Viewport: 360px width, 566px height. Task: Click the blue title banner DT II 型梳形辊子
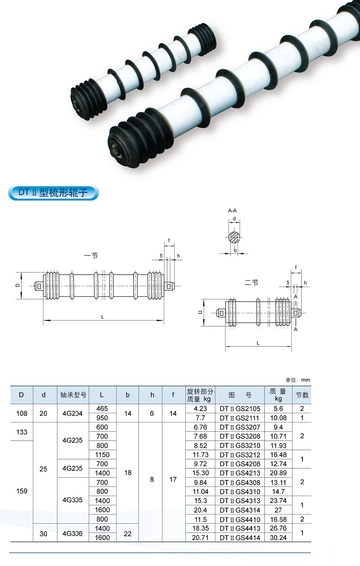click(53, 193)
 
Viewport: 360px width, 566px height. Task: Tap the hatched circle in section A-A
click(234, 237)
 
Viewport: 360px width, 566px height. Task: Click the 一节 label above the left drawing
click(91, 256)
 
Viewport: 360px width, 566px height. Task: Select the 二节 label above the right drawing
click(251, 282)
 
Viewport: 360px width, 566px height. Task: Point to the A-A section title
click(233, 211)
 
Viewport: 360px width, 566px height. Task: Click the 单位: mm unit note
click(298, 380)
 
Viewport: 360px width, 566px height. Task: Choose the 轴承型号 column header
click(73, 395)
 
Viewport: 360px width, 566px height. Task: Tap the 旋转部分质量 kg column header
click(200, 395)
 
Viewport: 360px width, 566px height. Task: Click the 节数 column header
click(302, 395)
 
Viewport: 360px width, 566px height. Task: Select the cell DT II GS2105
click(240, 409)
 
